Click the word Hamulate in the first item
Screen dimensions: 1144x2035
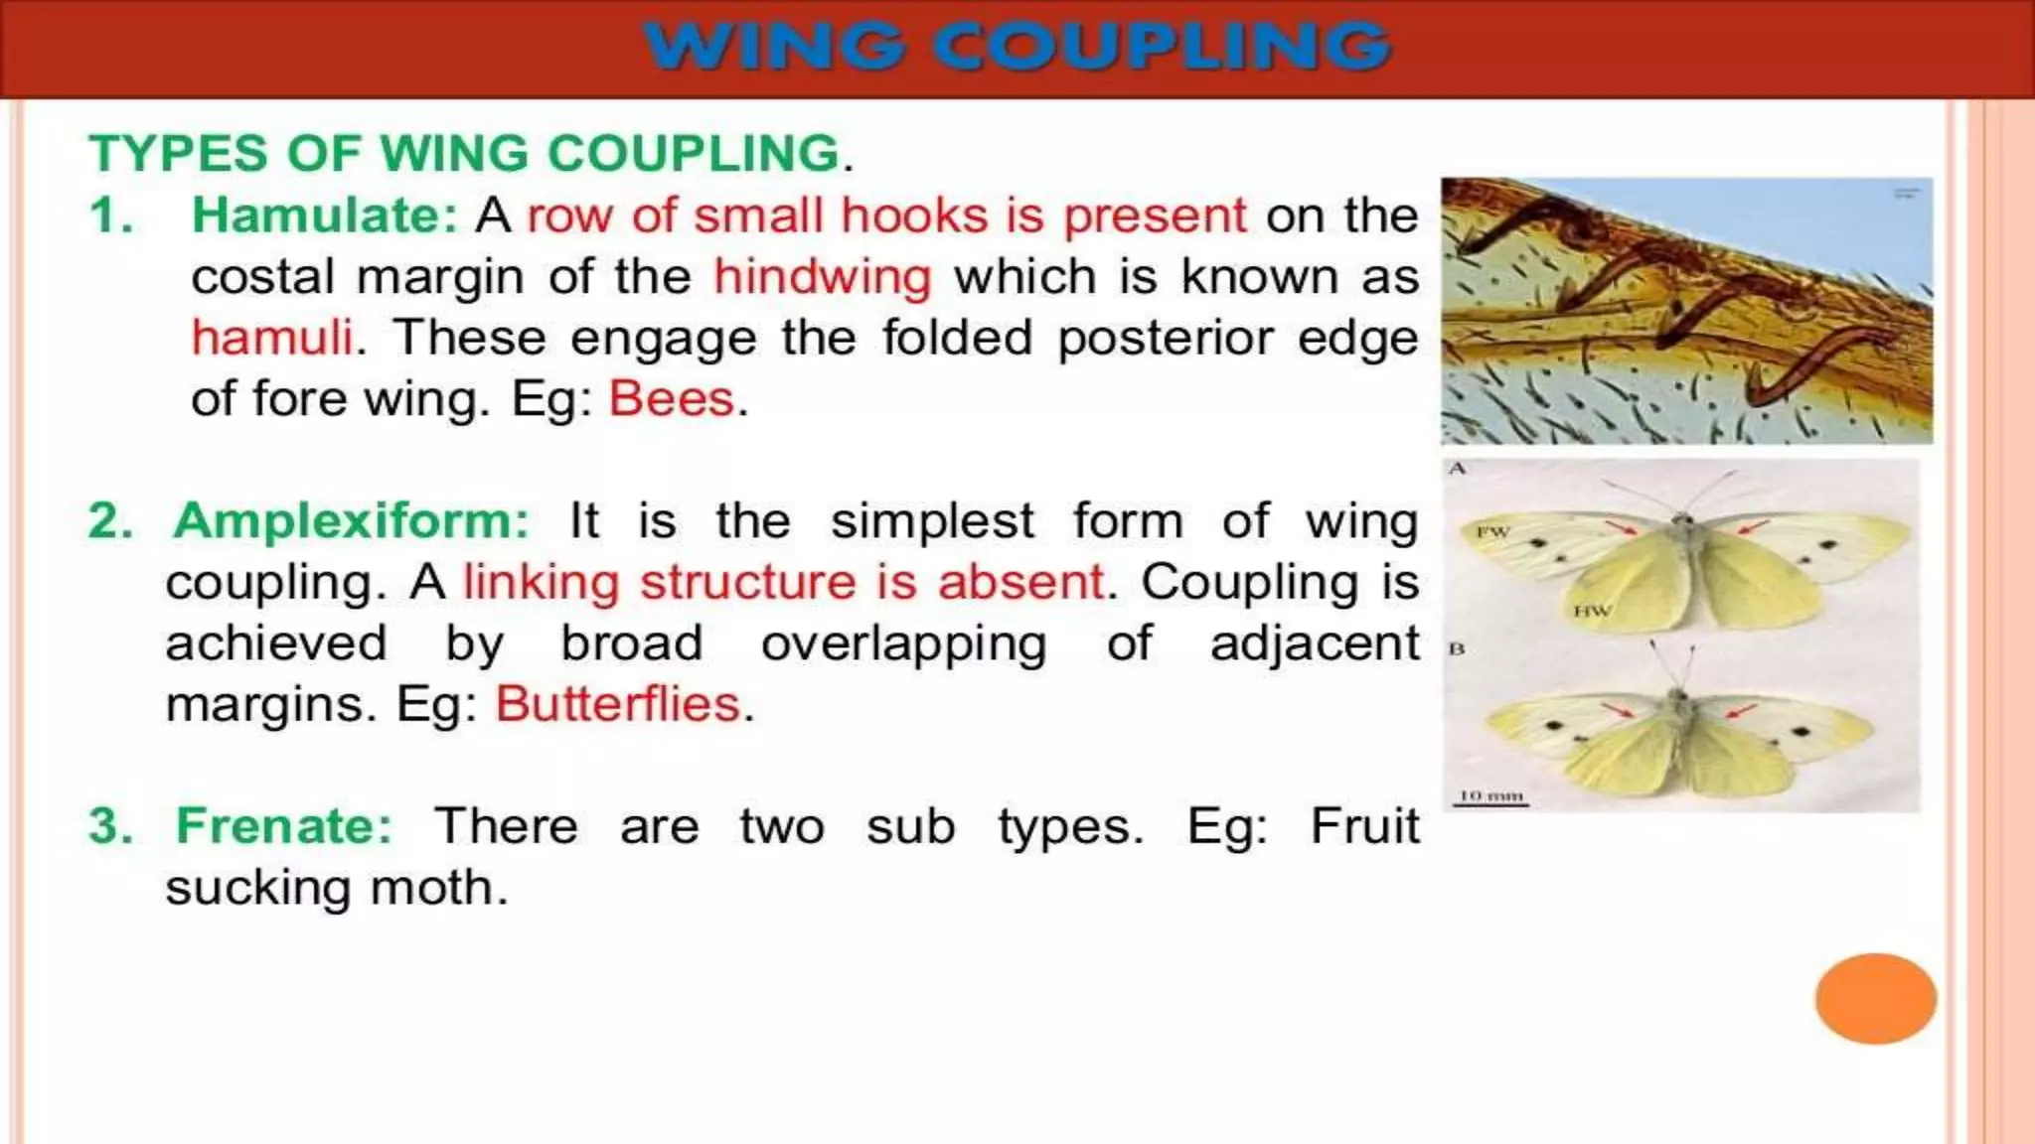coord(324,215)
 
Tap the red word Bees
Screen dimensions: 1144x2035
coord(672,399)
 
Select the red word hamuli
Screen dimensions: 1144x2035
coord(272,338)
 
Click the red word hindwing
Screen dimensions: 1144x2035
coord(823,277)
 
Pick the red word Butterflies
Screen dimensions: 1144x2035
coord(618,705)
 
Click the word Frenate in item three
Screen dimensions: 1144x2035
coord(284,826)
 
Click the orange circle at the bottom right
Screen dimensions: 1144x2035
coord(1875,998)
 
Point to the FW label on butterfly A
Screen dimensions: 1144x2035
coord(1492,532)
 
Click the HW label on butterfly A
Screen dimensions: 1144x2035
coord(1592,611)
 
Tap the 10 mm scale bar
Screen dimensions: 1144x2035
coord(1489,797)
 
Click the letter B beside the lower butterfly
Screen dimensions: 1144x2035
coord(1457,649)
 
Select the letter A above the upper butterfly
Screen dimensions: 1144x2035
coord(1457,469)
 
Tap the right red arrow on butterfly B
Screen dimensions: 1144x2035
coord(1740,711)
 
